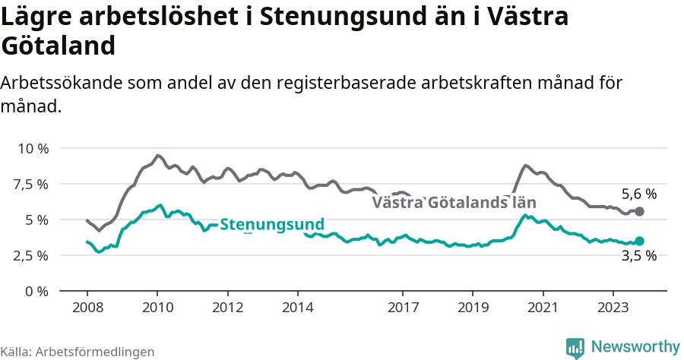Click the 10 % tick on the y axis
coord(32,148)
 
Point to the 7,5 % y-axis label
coord(32,184)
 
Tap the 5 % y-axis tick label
coord(36,219)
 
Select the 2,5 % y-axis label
coord(32,255)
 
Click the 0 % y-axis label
coord(36,291)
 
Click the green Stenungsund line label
coord(272,225)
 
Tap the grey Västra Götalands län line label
coord(454,203)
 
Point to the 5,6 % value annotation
coord(638,194)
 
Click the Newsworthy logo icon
coord(575,347)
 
